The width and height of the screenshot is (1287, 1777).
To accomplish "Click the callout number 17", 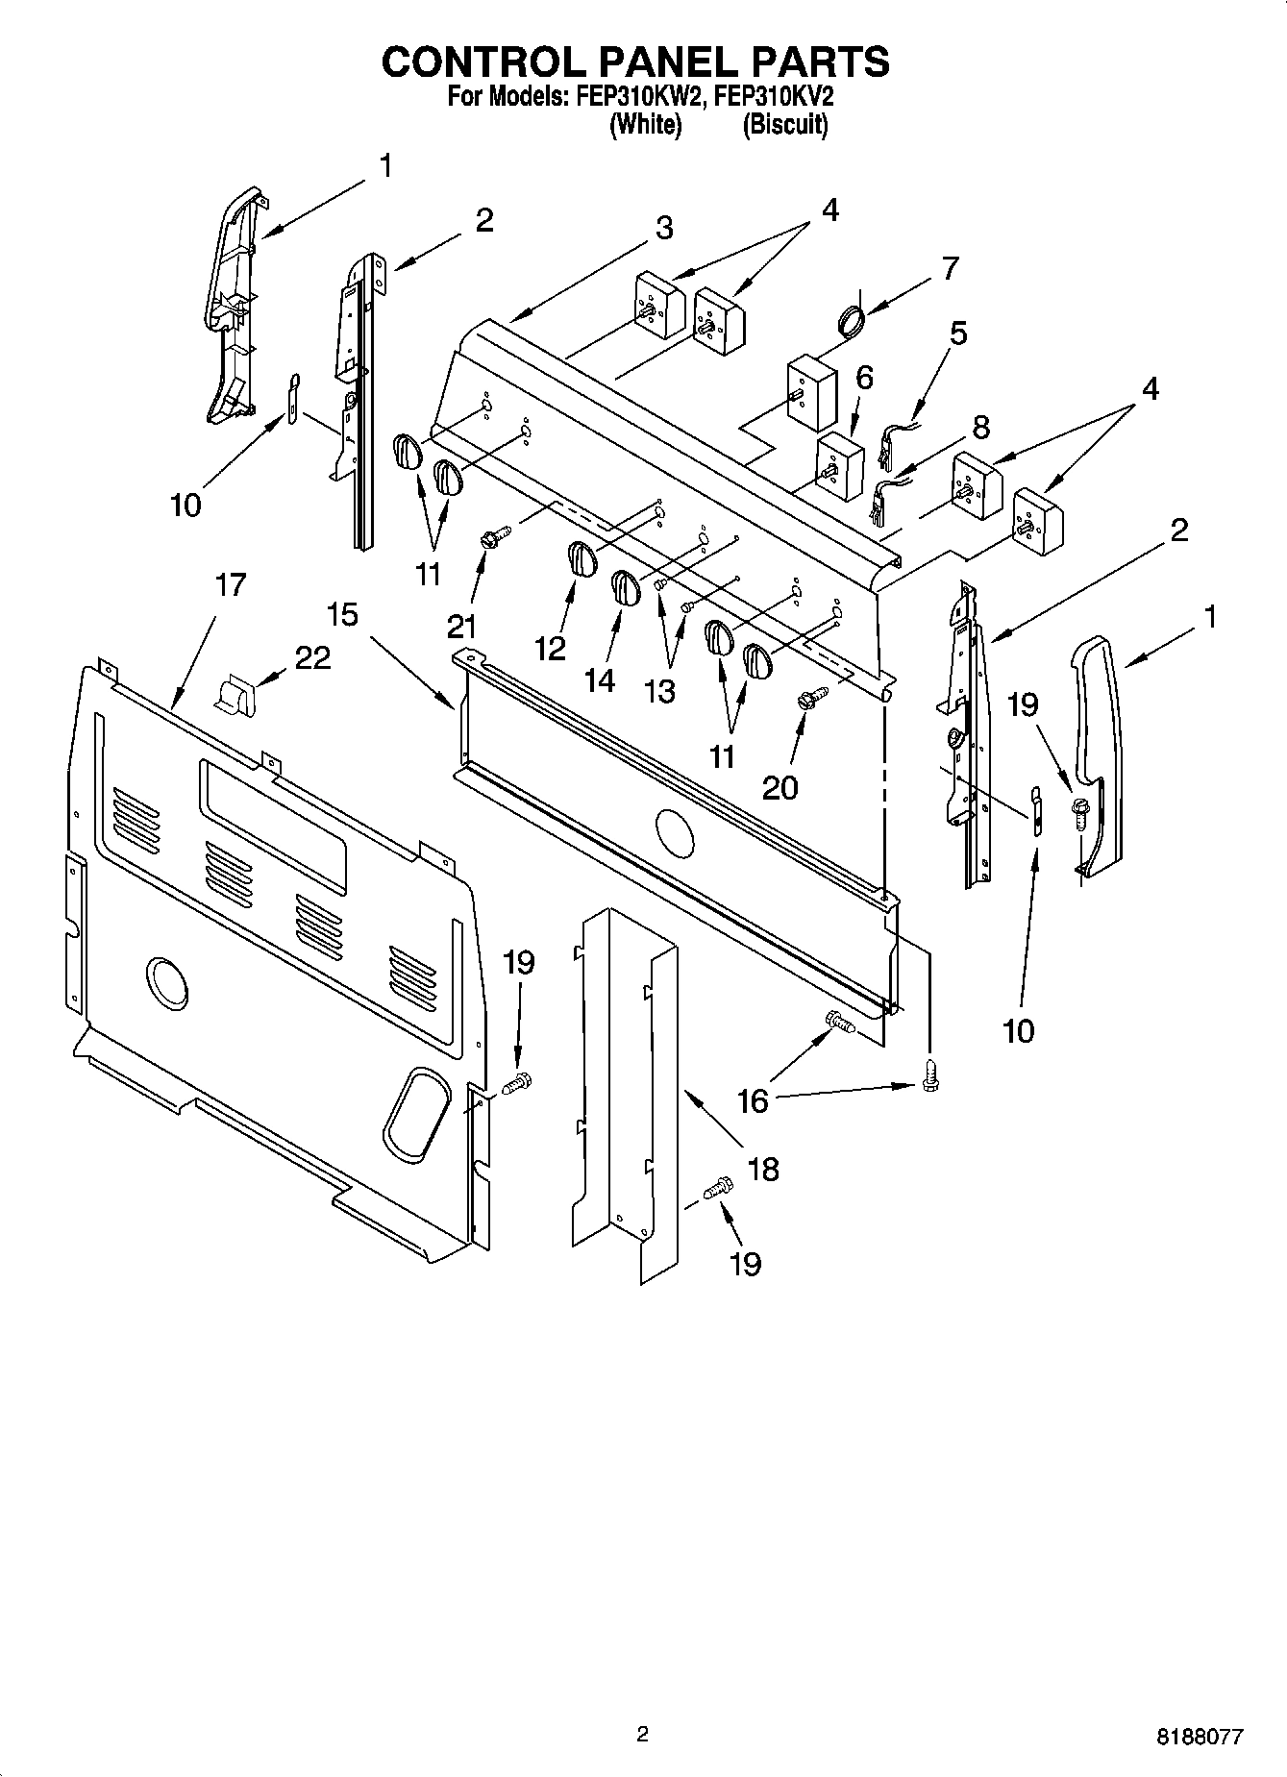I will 231,584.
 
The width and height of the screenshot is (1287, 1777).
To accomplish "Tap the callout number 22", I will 312,657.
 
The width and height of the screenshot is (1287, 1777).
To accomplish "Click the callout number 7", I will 950,268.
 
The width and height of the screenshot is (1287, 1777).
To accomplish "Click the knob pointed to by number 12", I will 579,558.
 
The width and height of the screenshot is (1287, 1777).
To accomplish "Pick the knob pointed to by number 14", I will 626,587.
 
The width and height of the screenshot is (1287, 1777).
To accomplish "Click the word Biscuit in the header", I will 784,125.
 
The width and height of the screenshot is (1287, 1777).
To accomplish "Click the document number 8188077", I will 1199,1737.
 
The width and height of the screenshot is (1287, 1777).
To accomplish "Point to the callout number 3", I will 664,229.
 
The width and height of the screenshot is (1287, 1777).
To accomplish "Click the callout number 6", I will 863,378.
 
